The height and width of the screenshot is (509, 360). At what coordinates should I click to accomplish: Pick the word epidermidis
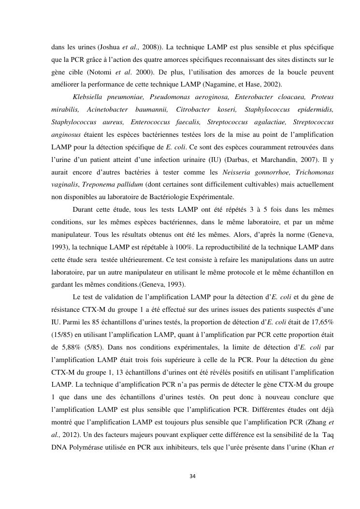(313, 110)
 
